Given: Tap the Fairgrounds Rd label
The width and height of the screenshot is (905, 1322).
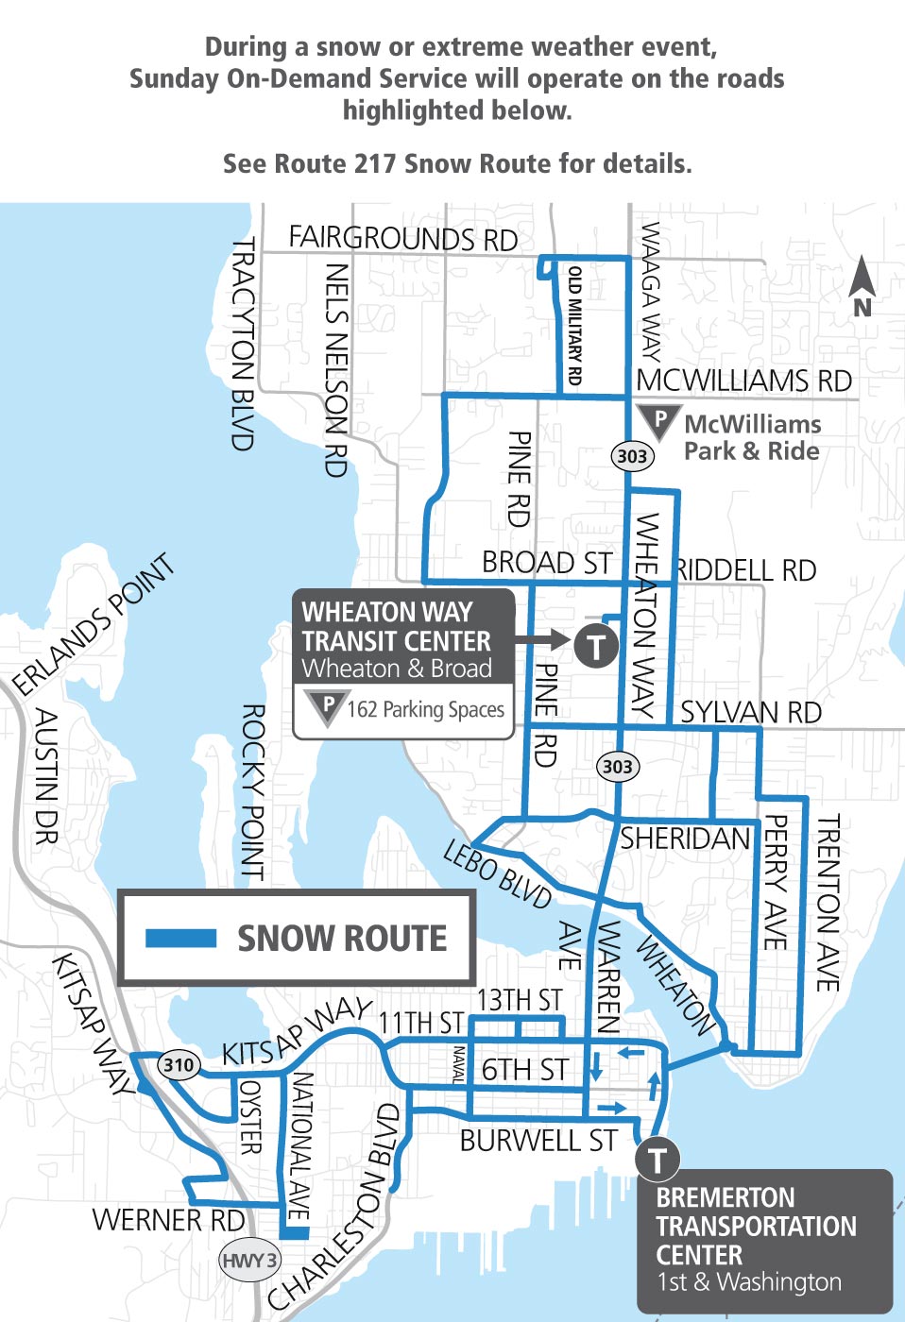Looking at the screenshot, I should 402,238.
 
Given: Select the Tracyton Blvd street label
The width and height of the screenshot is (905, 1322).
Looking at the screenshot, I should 244,344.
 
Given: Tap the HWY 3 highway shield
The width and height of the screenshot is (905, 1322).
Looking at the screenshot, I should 249,1260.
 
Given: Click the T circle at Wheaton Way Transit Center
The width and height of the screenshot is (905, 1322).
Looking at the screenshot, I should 596,647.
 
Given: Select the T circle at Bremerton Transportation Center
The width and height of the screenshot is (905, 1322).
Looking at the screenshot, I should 657,1160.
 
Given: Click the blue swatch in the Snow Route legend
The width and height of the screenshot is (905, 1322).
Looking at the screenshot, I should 180,938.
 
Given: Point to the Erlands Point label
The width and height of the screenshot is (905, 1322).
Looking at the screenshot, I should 94,623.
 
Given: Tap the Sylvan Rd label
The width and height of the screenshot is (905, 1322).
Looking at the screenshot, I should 751,712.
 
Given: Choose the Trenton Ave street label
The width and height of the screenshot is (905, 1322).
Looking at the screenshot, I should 828,904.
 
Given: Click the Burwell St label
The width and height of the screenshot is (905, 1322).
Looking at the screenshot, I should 538,1141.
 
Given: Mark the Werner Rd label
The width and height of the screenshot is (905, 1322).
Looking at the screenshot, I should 168,1220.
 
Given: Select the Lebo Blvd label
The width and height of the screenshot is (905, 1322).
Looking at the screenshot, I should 497,873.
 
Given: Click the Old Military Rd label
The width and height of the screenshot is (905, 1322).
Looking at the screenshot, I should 574,325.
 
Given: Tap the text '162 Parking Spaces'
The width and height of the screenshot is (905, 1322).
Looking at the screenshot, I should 425,709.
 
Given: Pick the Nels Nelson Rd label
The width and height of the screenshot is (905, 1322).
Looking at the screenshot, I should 336,369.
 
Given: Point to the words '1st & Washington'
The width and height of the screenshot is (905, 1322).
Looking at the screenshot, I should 748,1281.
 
